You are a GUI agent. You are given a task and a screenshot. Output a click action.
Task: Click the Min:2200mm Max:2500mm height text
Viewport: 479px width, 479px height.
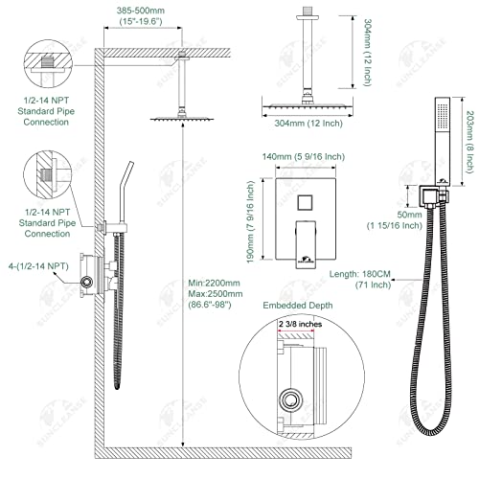click(213, 291)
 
